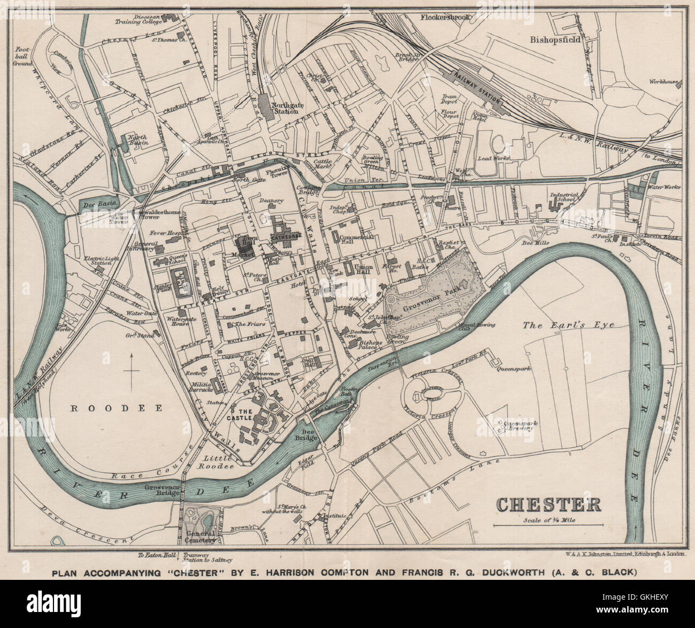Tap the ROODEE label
pyautogui.click(x=117, y=408)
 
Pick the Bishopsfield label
pyautogui.click(x=555, y=40)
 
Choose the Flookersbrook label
pyautogui.click(x=445, y=17)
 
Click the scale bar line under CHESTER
pyautogui.click(x=547, y=526)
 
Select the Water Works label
pyautogui.click(x=662, y=188)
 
